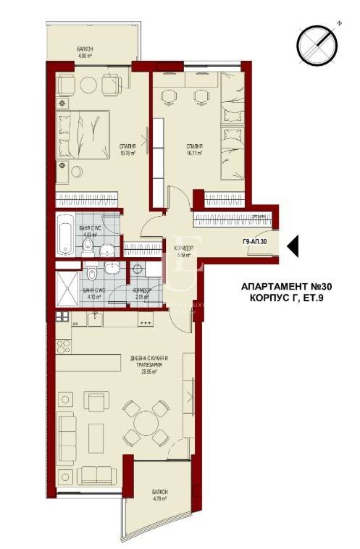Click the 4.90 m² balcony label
[x=86, y=52]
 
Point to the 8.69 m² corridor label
[x=183, y=251]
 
